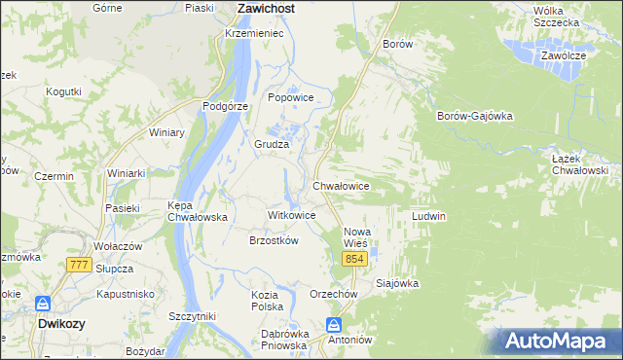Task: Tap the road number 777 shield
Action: click(80, 265)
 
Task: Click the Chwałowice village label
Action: click(340, 185)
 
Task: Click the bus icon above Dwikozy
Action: click(43, 304)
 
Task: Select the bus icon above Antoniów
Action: click(334, 324)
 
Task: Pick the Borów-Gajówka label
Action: click(475, 116)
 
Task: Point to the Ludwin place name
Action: click(428, 215)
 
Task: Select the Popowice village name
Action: click(290, 97)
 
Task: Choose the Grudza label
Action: click(273, 144)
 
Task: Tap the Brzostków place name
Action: click(274, 240)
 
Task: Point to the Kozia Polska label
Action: click(267, 300)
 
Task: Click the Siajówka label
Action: click(397, 284)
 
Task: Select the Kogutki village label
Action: click(63, 91)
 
